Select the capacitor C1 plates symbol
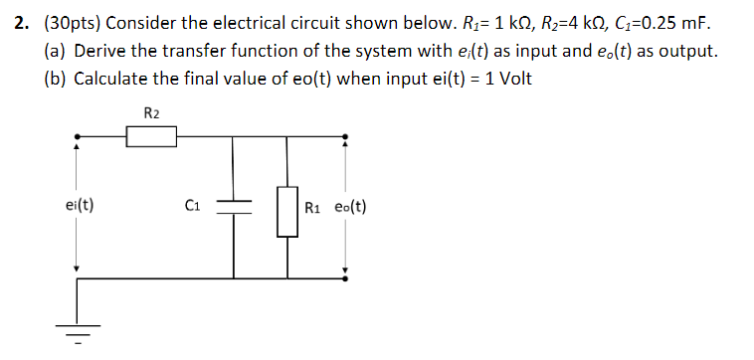235,206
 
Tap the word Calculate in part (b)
112,79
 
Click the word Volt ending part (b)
511,79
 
